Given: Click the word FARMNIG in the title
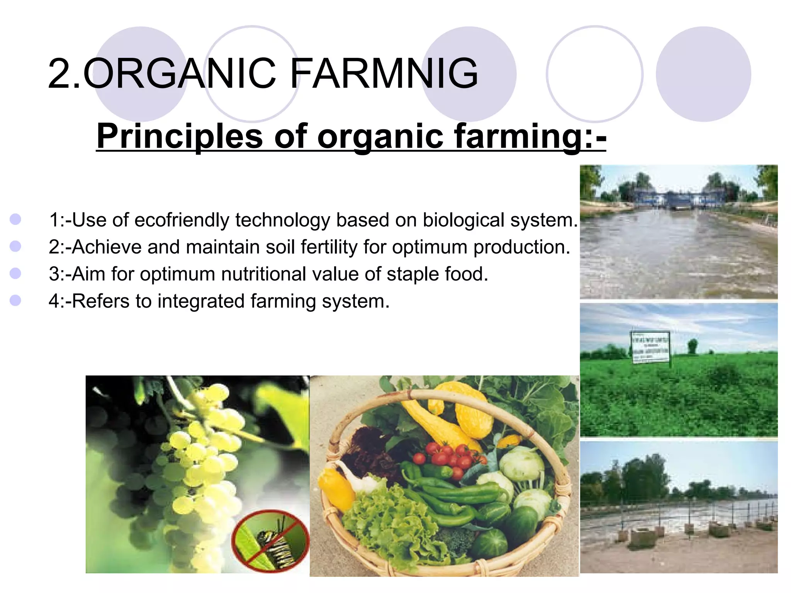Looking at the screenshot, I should pyautogui.click(x=384, y=73).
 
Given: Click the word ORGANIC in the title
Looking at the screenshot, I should pyautogui.click(x=180, y=73).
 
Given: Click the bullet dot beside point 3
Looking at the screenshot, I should pyautogui.click(x=15, y=274).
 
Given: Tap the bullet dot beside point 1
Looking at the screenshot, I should pyautogui.click(x=15, y=220).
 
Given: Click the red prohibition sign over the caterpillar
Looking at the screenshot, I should pyautogui.click(x=270, y=540).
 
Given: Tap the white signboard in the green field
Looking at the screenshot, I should pyautogui.click(x=650, y=347).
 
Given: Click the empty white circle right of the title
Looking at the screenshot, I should pyautogui.click(x=595, y=74).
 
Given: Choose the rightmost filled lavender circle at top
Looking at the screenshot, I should pyautogui.click(x=704, y=74).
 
